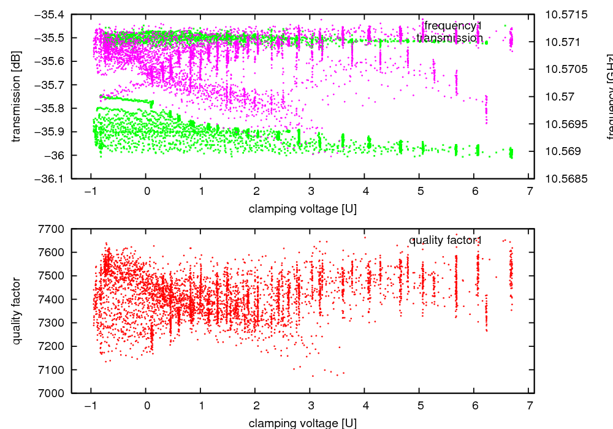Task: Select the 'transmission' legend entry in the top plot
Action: click(x=450, y=38)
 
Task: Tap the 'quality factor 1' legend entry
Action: click(x=446, y=240)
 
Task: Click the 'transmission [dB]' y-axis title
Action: click(x=17, y=96)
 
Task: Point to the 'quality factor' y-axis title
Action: click(x=17, y=311)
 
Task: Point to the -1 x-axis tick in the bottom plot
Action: click(x=90, y=405)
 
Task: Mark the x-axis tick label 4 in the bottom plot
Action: click(x=365, y=405)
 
